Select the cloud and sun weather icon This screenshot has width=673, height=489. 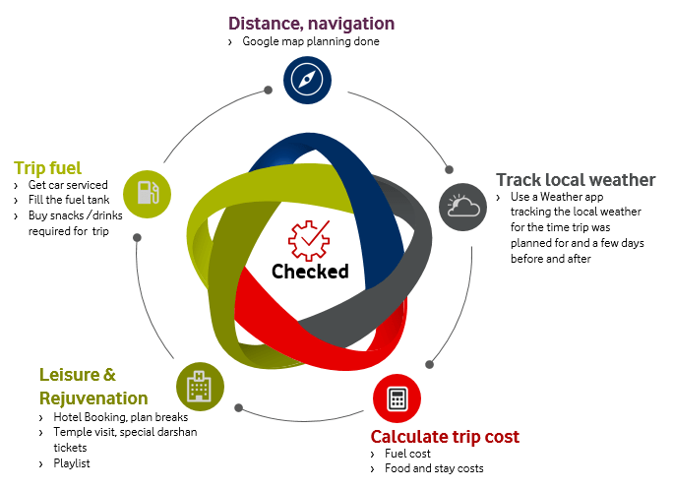coord(462,207)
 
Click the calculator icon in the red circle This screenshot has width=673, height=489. coord(398,398)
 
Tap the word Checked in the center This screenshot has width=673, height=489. coord(310,272)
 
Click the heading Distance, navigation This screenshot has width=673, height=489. coord(311,23)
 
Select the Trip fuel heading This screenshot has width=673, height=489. coord(47,167)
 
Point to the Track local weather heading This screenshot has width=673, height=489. coord(576,179)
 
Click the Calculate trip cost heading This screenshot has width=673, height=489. coord(445,436)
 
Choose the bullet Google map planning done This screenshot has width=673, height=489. coord(311,42)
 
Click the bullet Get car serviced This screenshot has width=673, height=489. coord(67,185)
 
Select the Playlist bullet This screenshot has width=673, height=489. coord(71,463)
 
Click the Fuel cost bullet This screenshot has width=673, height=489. coord(407,454)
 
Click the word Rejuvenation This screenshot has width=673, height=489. coord(93,397)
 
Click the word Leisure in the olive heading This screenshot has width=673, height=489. coord(67,375)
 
